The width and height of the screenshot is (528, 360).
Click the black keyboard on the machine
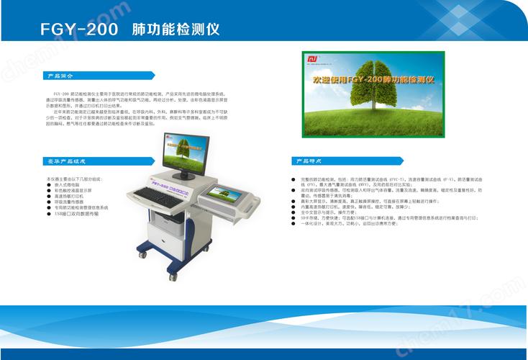155,196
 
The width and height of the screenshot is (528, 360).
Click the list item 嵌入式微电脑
68,184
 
